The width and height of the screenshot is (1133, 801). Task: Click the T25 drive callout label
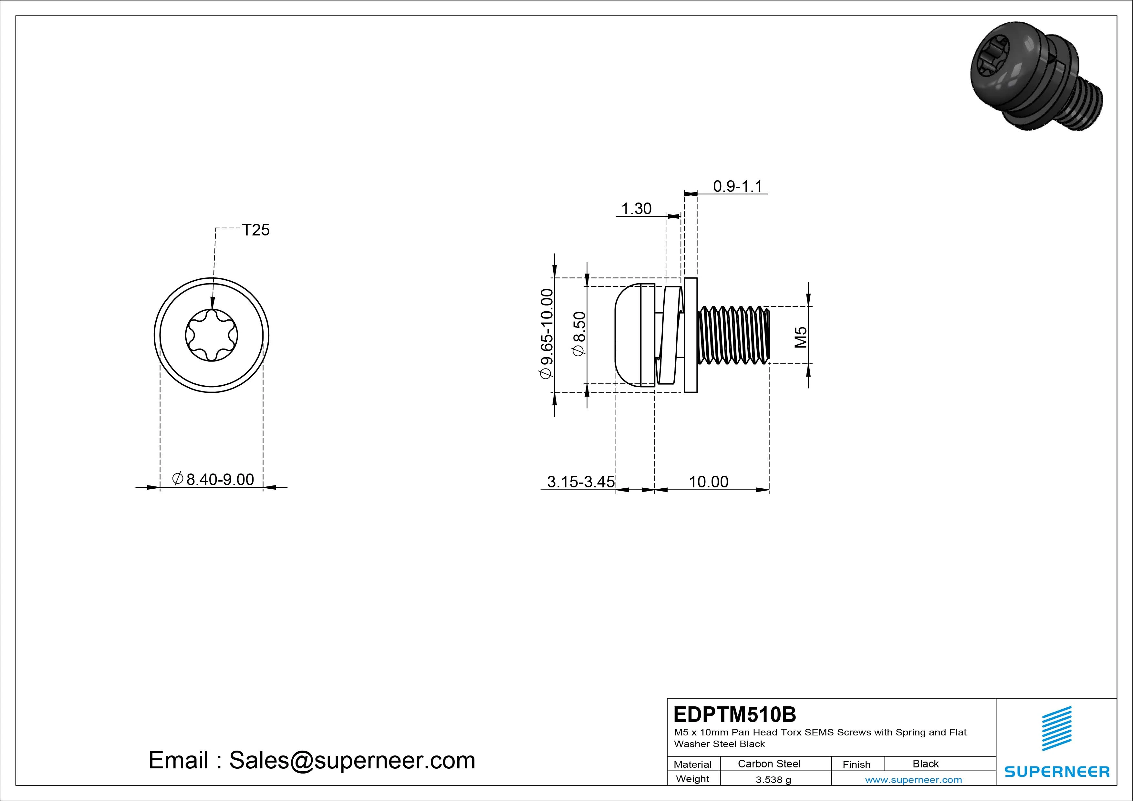(255, 230)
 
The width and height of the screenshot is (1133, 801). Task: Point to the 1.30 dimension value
(636, 209)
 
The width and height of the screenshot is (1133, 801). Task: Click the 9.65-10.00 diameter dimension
(547, 334)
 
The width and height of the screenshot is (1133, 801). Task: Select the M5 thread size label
(800, 338)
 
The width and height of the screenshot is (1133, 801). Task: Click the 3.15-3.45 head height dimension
(581, 482)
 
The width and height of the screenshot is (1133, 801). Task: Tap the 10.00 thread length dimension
(708, 482)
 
